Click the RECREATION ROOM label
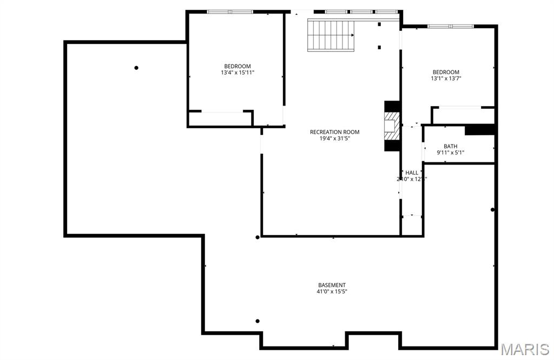click(334, 132)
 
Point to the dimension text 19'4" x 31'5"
click(334, 139)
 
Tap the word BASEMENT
click(332, 285)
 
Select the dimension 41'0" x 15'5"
click(332, 292)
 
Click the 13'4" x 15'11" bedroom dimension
click(238, 73)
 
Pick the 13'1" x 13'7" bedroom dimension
click(446, 78)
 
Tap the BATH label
click(451, 146)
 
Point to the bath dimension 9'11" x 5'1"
click(451, 153)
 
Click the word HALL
click(412, 173)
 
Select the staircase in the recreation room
click(331, 35)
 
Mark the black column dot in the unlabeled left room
click(136, 68)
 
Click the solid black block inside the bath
click(480, 130)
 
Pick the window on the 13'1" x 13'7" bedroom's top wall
click(451, 26)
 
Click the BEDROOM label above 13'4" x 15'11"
click(238, 66)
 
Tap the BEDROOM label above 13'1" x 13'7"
click(446, 72)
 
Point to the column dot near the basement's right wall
click(492, 210)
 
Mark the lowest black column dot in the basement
click(258, 321)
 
